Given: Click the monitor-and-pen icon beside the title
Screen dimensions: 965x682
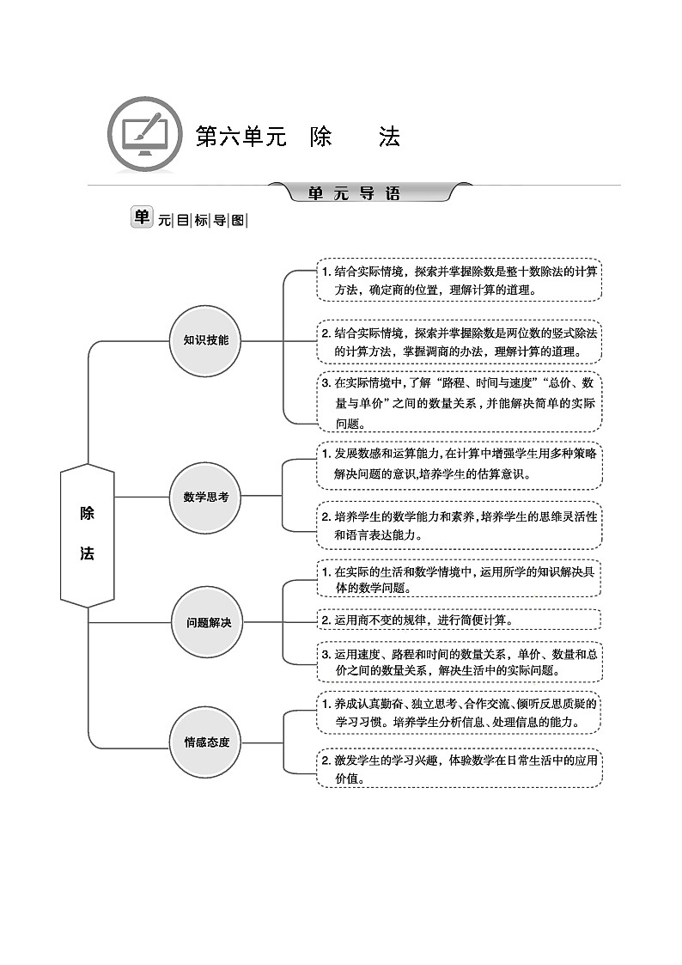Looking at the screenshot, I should [145, 136].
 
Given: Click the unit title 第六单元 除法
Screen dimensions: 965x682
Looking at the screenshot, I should [297, 137].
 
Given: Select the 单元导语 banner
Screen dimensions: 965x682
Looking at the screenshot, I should [369, 193].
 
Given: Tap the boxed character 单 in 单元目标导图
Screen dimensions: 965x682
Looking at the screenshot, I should [142, 217].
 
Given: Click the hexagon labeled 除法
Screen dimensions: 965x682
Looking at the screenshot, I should [88, 534].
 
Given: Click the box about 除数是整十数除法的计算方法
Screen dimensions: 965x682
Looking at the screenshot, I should [460, 280].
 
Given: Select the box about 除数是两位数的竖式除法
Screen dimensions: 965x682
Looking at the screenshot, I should [460, 342].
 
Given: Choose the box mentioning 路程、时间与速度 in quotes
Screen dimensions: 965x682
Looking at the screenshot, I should [460, 402].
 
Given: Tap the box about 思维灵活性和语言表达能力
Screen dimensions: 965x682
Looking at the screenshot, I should [460, 525].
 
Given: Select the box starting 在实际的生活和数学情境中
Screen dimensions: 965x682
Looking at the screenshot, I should [460, 579].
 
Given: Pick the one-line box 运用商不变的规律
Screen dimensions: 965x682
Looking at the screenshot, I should [460, 620].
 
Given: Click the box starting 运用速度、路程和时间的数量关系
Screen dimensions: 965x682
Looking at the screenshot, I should [460, 662].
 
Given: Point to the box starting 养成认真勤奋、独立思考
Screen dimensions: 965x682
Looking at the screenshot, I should [460, 713].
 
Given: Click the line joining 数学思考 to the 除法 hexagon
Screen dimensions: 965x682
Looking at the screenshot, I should [142, 497].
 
